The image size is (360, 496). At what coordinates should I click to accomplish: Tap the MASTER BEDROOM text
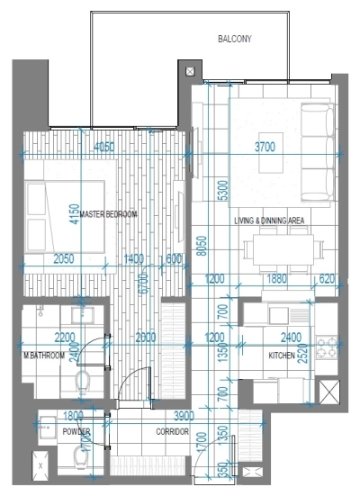pos(108,214)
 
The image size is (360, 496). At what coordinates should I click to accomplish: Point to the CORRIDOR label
pos(172,432)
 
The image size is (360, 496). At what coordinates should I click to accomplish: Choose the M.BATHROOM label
pos(45,356)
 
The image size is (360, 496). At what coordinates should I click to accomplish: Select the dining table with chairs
pos(285,248)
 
